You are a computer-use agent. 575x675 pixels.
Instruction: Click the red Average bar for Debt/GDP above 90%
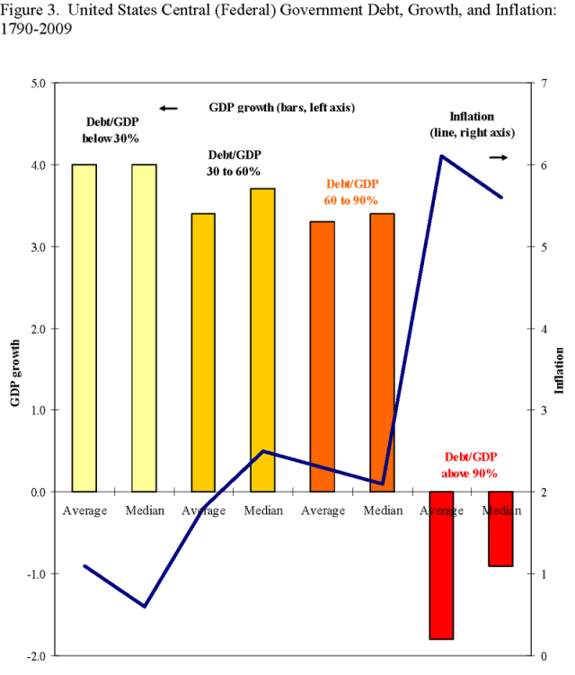(x=441, y=564)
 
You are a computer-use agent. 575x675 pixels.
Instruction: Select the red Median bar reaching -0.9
(x=500, y=528)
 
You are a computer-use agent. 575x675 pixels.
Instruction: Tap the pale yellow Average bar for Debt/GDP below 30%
(x=84, y=327)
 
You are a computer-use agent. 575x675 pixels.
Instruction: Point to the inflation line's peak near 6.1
(x=442, y=156)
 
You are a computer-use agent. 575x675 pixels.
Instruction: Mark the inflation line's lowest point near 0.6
(x=144, y=606)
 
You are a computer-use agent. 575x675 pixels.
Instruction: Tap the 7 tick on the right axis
(x=533, y=83)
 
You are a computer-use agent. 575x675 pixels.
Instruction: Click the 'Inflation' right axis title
(x=559, y=369)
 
